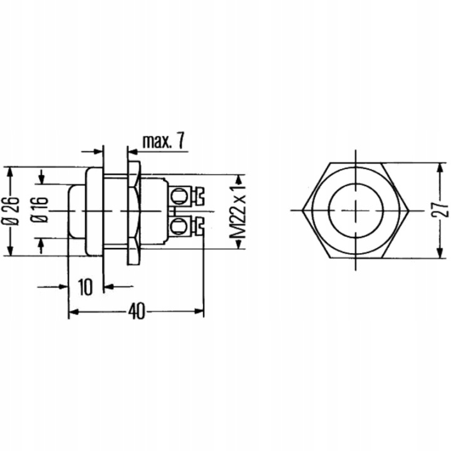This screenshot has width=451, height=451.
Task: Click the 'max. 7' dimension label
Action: click(x=163, y=141)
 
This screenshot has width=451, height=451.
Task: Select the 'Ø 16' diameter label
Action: click(x=39, y=210)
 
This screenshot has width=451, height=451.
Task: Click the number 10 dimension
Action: click(x=85, y=287)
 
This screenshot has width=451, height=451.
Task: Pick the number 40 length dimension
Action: click(x=137, y=311)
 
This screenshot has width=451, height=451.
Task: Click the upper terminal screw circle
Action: click(x=179, y=196)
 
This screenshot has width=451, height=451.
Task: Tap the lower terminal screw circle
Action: click(x=178, y=225)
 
